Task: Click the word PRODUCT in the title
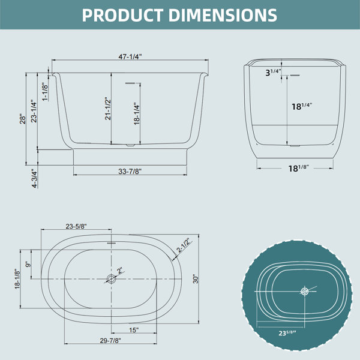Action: pyautogui.click(x=122, y=15)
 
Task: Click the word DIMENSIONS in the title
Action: pyautogui.click(x=223, y=15)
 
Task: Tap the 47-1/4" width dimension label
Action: pyautogui.click(x=130, y=56)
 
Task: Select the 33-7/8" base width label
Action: pyautogui.click(x=130, y=171)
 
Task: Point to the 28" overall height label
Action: pyautogui.click(x=23, y=119)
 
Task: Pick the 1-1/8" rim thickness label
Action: pyautogui.click(x=45, y=92)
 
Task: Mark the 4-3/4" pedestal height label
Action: pyautogui.click(x=34, y=179)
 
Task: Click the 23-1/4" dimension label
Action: pyautogui.click(x=34, y=111)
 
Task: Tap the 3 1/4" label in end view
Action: pyautogui.click(x=273, y=73)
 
